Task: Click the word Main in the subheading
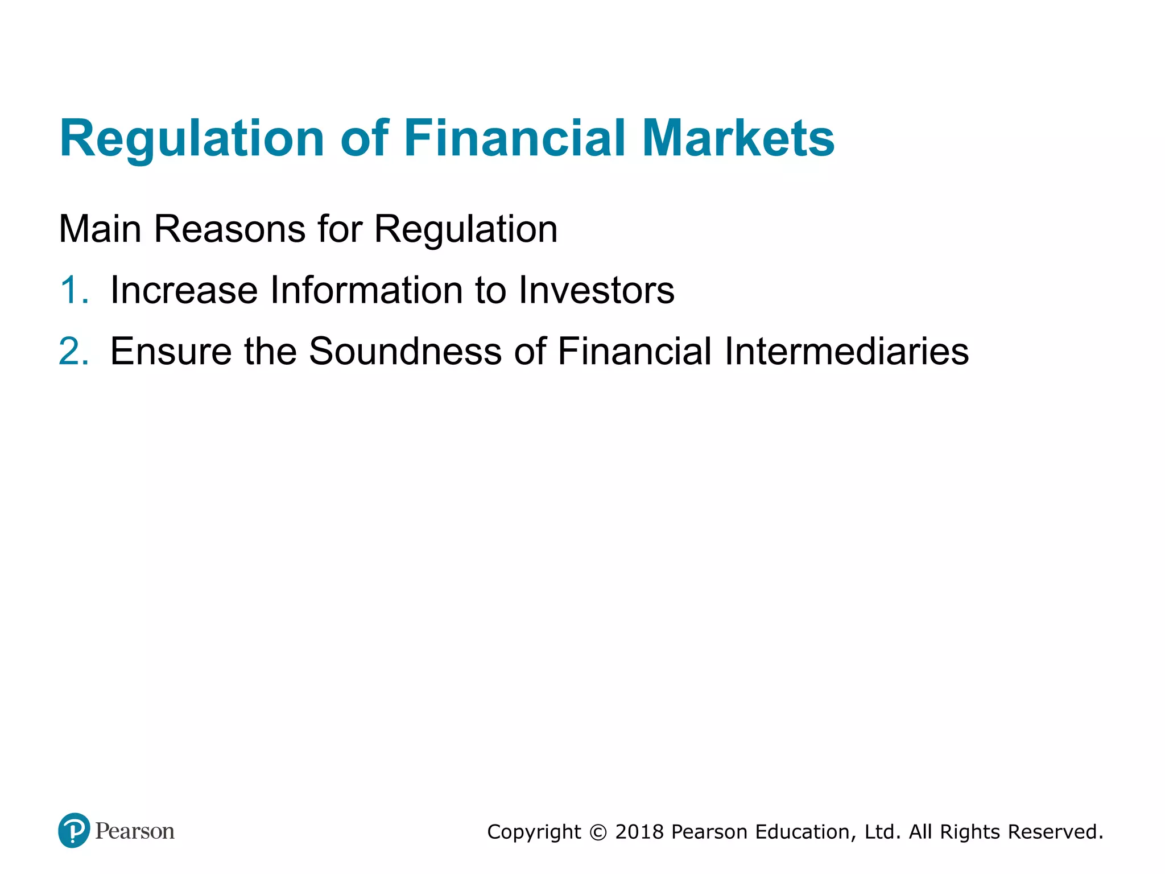[x=100, y=229]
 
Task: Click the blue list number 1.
[x=73, y=290]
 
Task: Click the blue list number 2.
[x=73, y=351]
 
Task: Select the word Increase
[x=184, y=290]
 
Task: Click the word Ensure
[x=171, y=351]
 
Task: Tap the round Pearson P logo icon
[x=74, y=830]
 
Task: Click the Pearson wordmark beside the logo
[x=135, y=831]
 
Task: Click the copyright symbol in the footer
[x=598, y=832]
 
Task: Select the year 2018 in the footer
[x=639, y=832]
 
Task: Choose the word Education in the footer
[x=805, y=832]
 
